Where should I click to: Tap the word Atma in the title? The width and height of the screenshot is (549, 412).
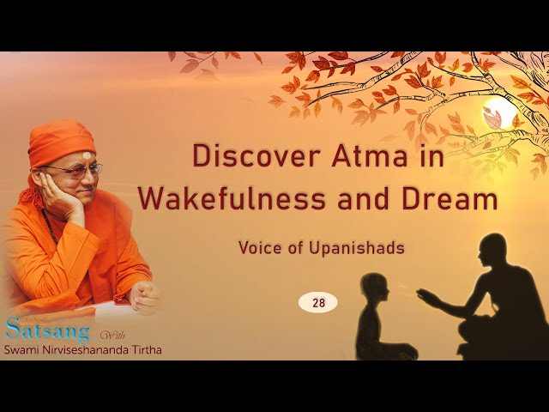point(370,156)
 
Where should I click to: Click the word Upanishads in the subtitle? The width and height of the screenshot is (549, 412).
point(357,248)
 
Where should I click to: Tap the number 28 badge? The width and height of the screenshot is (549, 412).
point(318,303)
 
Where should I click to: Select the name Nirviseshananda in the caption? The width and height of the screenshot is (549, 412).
point(82,349)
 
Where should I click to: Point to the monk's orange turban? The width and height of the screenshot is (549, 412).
point(62,142)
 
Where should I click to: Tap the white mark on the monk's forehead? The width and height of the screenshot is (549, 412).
point(87,155)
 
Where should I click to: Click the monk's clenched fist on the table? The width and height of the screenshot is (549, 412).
point(145,297)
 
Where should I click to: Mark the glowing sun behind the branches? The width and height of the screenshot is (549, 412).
point(499,113)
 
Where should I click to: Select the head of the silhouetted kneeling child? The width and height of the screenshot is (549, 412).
point(376,288)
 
